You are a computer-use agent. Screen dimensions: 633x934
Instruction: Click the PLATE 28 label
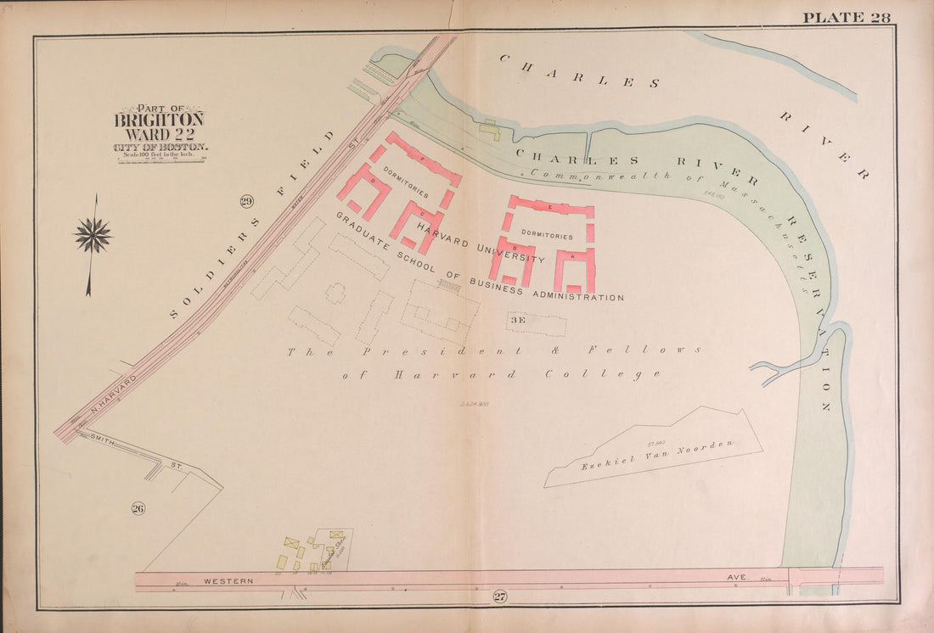(846, 18)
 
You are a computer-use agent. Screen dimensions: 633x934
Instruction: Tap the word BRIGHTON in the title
(159, 120)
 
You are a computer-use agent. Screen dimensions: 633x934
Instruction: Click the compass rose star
(93, 235)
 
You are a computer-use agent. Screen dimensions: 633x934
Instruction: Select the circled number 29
(247, 201)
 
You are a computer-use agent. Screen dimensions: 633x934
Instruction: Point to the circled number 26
(138, 508)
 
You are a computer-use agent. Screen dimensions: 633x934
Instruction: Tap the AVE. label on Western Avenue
(736, 577)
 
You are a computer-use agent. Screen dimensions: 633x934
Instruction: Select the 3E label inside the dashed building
(518, 321)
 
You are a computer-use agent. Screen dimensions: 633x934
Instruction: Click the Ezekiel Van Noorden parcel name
(657, 455)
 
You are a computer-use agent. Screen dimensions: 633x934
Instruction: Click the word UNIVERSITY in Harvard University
(509, 252)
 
